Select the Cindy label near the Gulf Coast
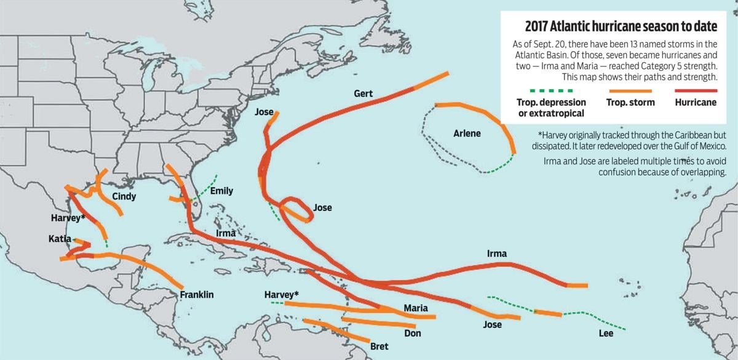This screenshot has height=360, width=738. (124, 196)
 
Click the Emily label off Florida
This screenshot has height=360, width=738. (221, 191)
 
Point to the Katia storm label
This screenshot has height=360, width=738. (60, 238)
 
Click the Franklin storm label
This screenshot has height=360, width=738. (197, 295)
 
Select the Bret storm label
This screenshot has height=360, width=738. (379, 346)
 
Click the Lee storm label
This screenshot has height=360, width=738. (605, 334)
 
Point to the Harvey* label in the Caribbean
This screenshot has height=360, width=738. (282, 295)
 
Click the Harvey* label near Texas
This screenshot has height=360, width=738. (68, 218)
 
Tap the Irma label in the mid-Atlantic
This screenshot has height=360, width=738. (497, 254)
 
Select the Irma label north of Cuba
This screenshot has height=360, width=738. (226, 233)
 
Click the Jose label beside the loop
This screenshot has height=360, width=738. (322, 207)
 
